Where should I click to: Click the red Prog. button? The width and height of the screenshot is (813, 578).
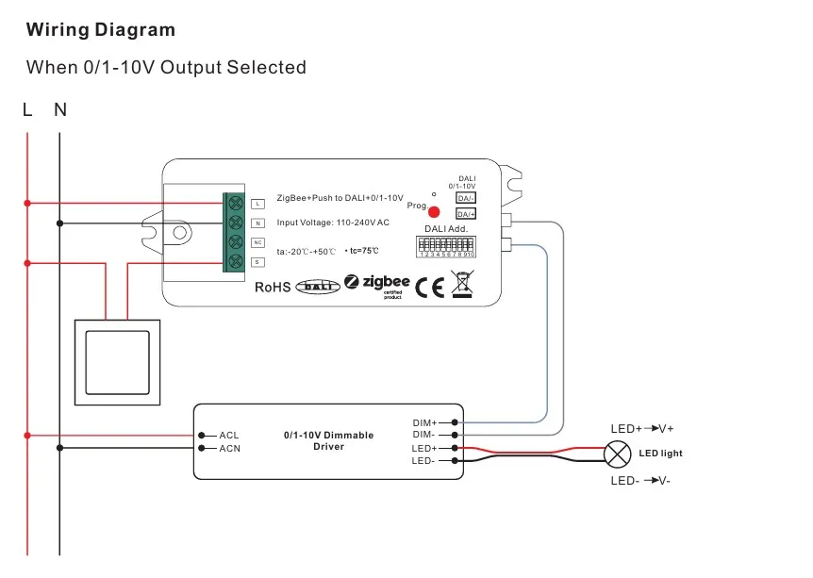tap(434, 213)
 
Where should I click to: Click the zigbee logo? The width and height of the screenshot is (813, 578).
tap(377, 284)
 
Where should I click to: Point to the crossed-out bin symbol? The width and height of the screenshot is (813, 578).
tap(461, 284)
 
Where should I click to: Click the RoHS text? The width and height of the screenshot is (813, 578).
tap(273, 287)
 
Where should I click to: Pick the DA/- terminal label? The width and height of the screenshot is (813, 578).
tap(466, 198)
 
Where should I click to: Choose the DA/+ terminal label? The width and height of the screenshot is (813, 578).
tap(466, 214)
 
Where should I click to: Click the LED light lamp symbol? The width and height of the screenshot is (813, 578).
tap(617, 454)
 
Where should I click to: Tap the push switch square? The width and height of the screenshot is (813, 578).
tap(117, 363)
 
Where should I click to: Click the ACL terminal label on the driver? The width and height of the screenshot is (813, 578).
tap(229, 436)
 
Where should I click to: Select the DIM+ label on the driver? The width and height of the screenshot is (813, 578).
tap(424, 422)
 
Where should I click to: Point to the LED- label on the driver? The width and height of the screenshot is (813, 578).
tap(423, 461)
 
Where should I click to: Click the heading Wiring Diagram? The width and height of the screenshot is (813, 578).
tap(101, 29)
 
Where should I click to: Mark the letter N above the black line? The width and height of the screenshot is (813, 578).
tap(60, 109)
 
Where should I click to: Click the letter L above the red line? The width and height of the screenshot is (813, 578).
tap(27, 109)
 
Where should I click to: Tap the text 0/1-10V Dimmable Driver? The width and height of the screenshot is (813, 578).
tap(328, 440)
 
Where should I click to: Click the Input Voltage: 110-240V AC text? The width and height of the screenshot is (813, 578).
tap(333, 223)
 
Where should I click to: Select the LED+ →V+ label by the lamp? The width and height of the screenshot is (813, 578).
tap(642, 429)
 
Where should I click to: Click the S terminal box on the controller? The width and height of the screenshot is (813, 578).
tap(257, 261)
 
